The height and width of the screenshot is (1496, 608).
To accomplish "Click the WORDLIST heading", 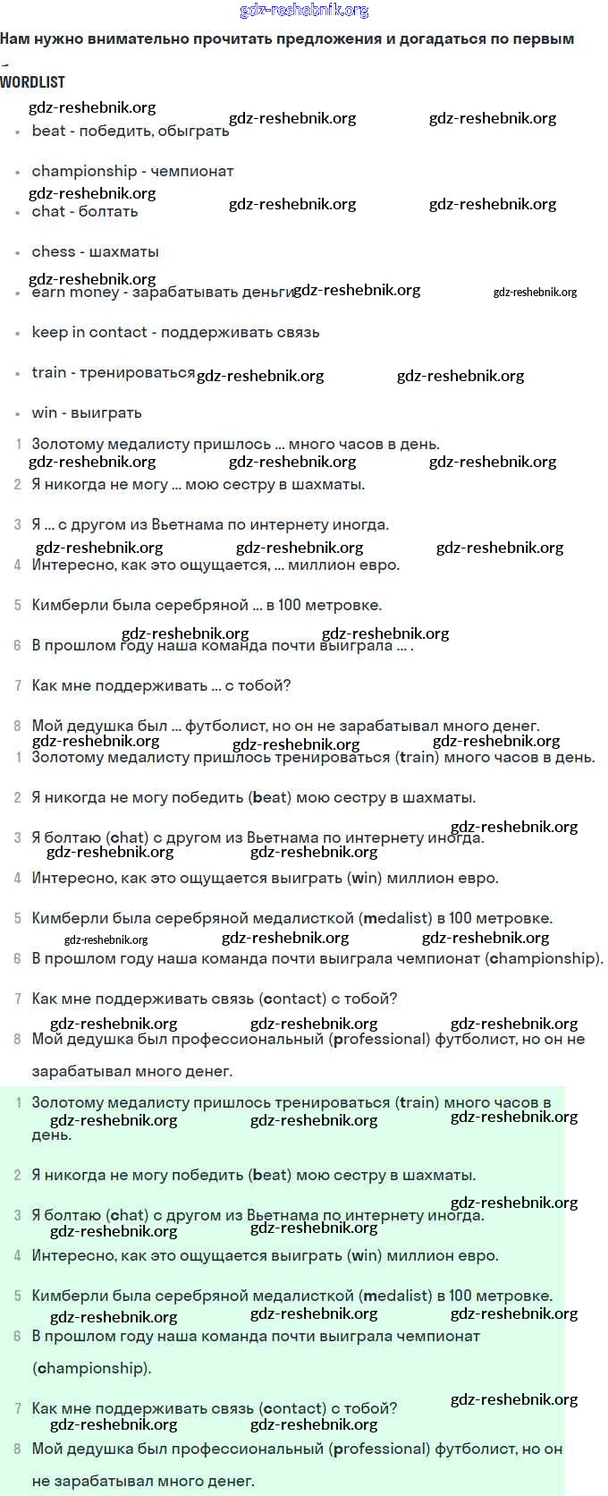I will click(32, 82).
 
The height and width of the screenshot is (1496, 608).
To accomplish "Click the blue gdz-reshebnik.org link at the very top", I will click(304, 10).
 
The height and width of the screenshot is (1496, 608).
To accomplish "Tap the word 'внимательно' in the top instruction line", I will click(136, 39).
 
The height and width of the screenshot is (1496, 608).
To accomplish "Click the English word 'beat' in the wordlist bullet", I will click(48, 131).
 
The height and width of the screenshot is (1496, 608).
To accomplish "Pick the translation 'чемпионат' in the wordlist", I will click(191, 171).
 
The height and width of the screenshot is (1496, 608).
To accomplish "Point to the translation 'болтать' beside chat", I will click(108, 211).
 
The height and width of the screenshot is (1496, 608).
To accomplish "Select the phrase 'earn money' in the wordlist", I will click(75, 292).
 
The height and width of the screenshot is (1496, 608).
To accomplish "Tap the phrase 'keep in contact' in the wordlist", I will click(89, 332).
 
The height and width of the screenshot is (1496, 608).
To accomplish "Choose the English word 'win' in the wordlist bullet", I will click(45, 412).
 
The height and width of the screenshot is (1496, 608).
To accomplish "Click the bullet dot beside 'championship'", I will click(18, 172).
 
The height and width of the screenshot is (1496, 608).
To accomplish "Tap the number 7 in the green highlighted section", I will click(18, 1408).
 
